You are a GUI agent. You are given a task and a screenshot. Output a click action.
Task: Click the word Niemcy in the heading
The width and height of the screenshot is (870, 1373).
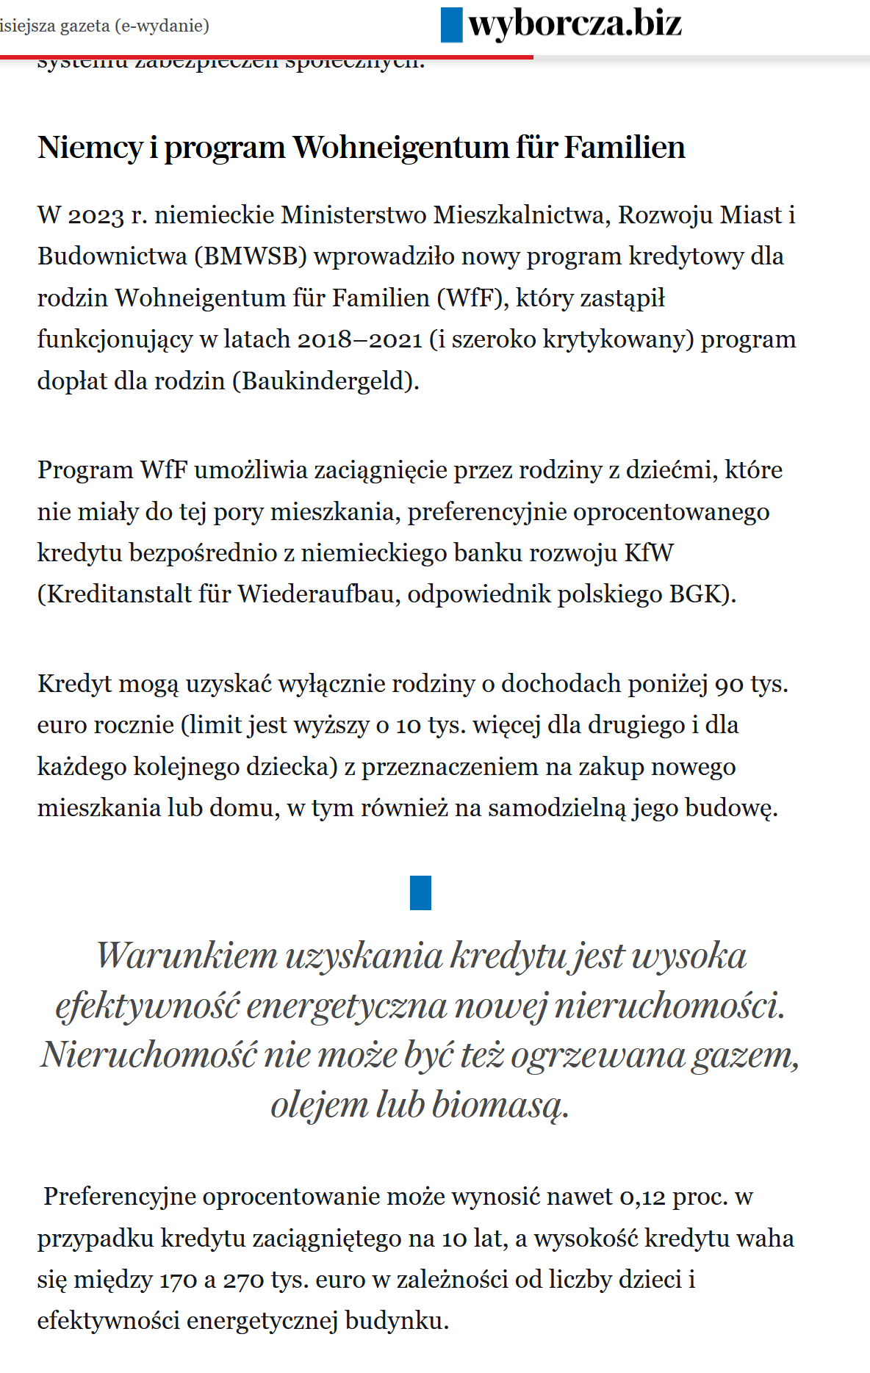tap(90, 148)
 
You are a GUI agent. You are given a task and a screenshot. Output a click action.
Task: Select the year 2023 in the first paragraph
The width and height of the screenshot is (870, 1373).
tap(96, 215)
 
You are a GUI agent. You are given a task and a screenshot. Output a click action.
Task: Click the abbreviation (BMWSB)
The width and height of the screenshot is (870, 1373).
tap(251, 256)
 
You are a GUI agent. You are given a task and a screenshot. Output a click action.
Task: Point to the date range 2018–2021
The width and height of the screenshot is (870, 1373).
tap(360, 339)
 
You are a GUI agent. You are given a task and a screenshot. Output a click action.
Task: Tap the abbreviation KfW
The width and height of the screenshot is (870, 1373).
tap(649, 552)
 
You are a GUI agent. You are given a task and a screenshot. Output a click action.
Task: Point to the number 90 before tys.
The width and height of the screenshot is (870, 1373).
tap(729, 684)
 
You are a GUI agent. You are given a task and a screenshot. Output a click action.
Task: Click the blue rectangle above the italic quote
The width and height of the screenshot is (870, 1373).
tap(420, 893)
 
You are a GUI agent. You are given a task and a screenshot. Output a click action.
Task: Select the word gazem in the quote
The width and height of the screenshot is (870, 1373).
tap(744, 1055)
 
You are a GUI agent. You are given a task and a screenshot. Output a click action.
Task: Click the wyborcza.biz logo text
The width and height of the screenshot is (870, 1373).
tap(575, 24)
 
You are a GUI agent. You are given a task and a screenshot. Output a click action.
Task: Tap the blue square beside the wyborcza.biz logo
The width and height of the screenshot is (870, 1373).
tap(451, 25)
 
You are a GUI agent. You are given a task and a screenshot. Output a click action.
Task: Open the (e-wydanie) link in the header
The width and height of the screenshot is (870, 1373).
tap(162, 26)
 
